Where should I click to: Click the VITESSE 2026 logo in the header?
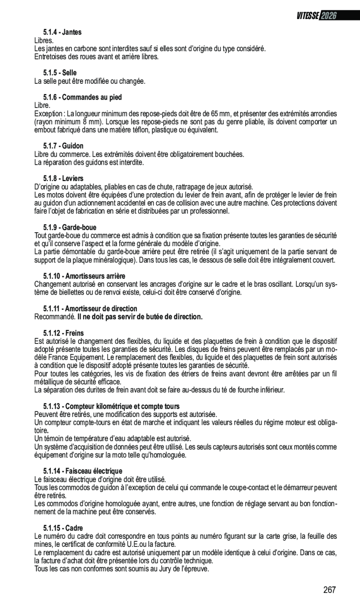point(316,15)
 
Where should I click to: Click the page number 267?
point(329,590)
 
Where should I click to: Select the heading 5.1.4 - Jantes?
point(62,33)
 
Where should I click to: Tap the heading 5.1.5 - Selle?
point(60,73)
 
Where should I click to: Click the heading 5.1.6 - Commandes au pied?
point(82,98)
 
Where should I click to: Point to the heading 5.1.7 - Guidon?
point(63,146)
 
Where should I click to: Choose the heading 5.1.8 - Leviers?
point(63,179)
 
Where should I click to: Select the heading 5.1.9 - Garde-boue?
point(70,228)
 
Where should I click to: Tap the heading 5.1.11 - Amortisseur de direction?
point(90,309)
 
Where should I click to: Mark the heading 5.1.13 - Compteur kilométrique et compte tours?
point(111,406)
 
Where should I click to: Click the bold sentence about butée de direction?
point(140,317)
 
